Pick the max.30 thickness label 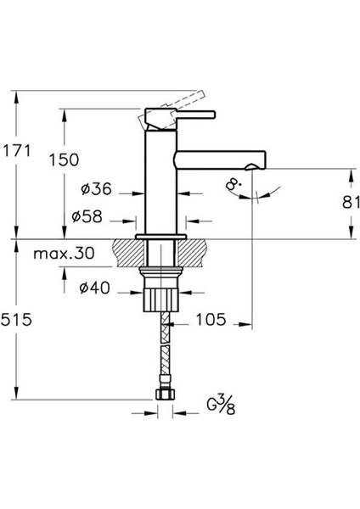click(65, 254)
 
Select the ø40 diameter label click(93, 288)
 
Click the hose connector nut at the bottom click(166, 394)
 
